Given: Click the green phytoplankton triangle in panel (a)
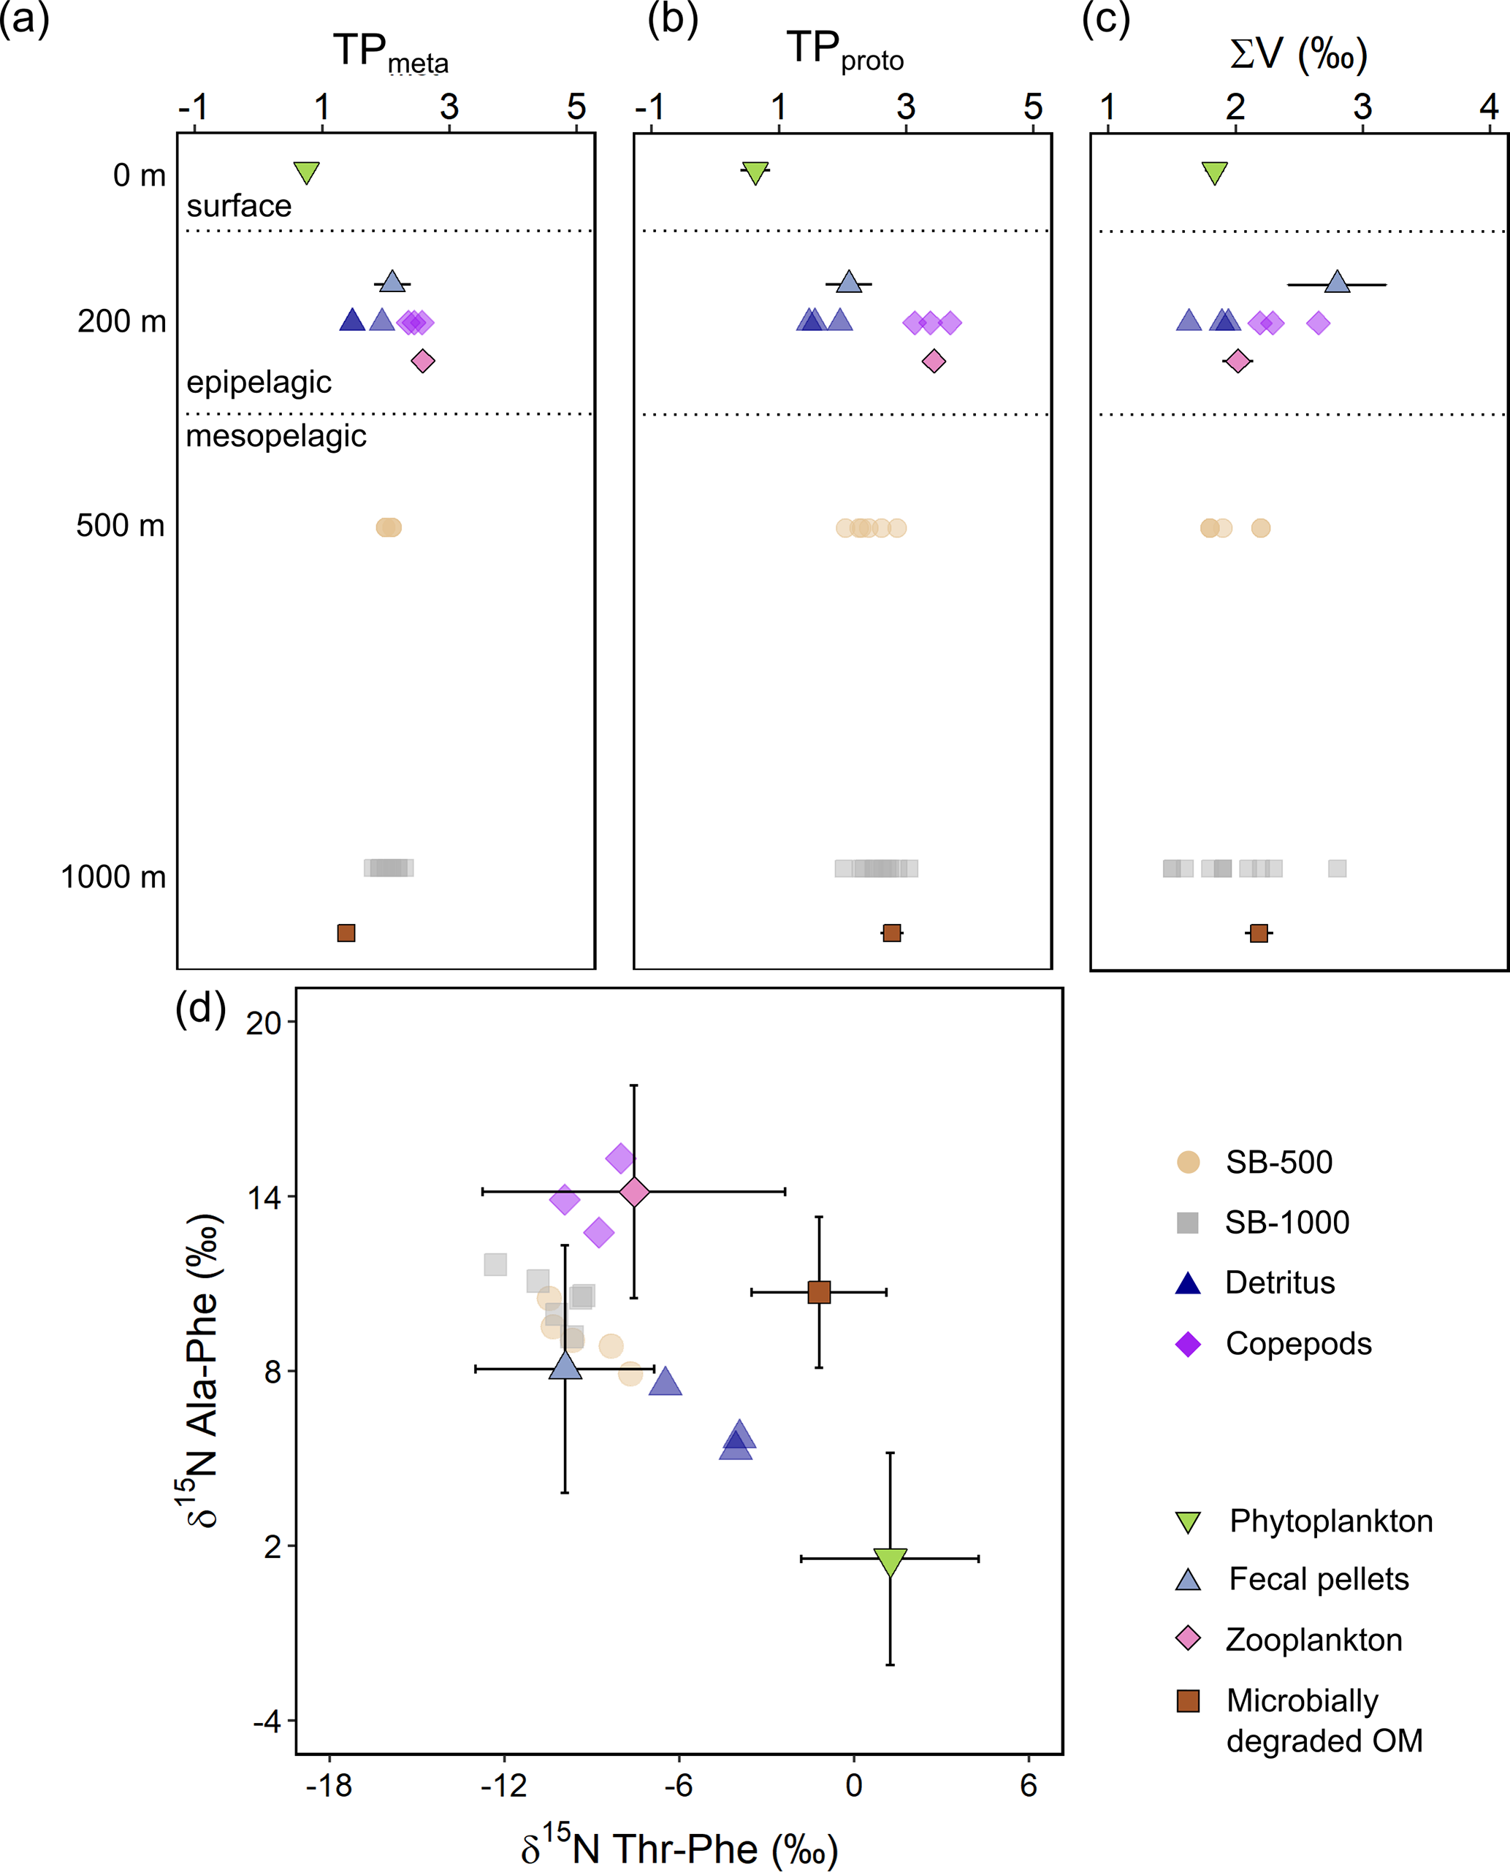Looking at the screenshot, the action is (x=306, y=172).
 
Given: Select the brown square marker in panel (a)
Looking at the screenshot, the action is (x=346, y=933).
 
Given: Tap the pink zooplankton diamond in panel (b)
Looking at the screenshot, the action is (x=934, y=361).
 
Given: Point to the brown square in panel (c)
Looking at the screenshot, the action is (x=1259, y=933).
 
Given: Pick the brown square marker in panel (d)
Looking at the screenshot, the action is (x=818, y=1292).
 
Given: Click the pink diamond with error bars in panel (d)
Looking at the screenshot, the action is (x=634, y=1191).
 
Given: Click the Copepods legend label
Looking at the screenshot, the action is (x=1299, y=1343).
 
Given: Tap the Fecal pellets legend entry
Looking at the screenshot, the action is (x=1292, y=1578).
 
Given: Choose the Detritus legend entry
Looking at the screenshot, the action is (x=1255, y=1283).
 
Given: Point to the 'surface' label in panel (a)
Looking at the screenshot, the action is (x=239, y=206).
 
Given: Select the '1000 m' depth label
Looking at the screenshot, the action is (x=113, y=876).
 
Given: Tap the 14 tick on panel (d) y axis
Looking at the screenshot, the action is (x=264, y=1197).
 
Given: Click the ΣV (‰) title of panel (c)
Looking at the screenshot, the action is (x=1299, y=54).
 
